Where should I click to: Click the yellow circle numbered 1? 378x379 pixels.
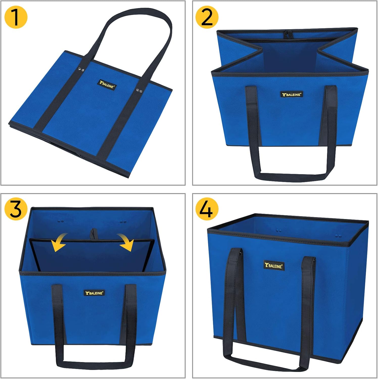[x=16, y=17]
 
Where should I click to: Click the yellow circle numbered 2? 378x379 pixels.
[x=207, y=17]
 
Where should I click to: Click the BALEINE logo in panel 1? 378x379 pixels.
[x=107, y=85]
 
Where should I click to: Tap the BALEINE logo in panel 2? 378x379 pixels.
[x=292, y=94]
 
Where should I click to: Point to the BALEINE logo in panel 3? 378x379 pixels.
[x=94, y=293]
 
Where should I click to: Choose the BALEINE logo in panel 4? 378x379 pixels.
[x=274, y=265]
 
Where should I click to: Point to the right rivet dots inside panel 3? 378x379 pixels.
[x=123, y=222]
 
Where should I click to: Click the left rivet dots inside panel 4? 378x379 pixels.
[x=279, y=230]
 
